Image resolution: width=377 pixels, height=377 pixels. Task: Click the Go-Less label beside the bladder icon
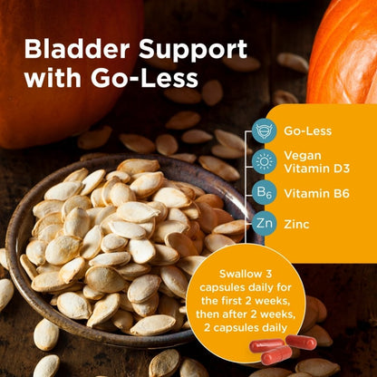(306, 131)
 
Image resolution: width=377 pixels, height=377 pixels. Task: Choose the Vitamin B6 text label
(314, 191)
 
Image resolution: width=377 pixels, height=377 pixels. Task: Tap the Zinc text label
(297, 221)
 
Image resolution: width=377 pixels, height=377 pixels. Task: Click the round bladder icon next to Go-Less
(264, 131)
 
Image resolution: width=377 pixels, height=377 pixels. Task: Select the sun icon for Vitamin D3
(264, 161)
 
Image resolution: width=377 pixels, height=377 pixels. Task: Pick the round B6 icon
(264, 191)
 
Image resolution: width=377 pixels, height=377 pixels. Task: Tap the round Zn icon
(264, 221)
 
